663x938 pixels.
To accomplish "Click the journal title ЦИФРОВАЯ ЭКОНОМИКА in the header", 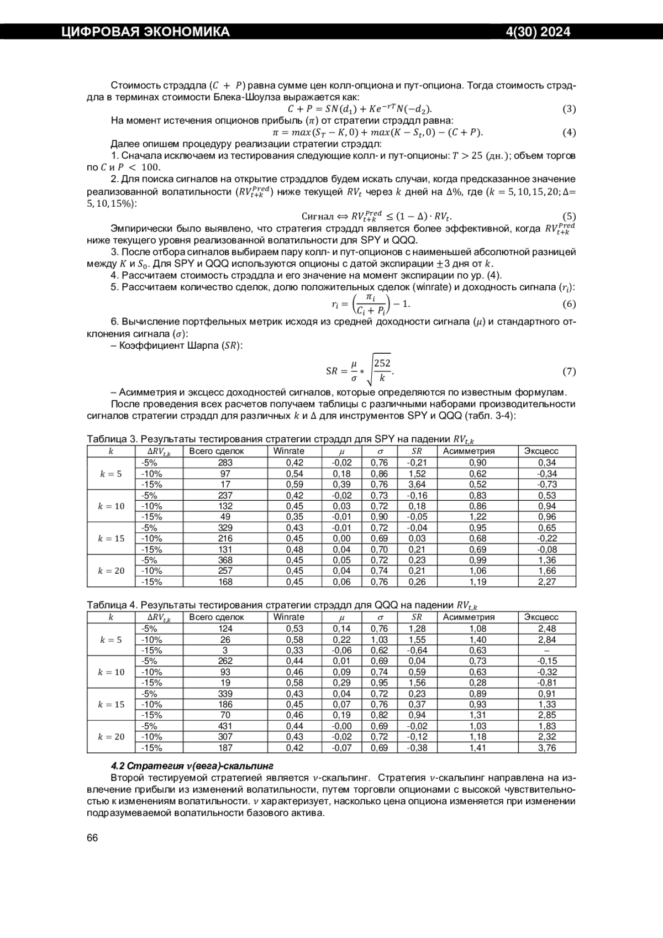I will [x=145, y=32].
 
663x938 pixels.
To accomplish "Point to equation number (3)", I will [x=569, y=109].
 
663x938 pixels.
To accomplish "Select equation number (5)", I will [x=569, y=217].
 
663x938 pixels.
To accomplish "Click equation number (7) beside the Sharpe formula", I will [x=569, y=371].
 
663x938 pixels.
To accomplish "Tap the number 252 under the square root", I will [x=382, y=363].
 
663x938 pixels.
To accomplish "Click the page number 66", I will [x=92, y=838].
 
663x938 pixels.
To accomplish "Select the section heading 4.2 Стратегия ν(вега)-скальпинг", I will [x=192, y=766].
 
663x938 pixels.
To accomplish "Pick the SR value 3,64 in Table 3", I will [x=417, y=484].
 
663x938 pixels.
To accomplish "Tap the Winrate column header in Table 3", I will [x=288, y=451].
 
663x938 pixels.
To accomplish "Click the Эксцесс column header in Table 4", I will [x=541, y=617].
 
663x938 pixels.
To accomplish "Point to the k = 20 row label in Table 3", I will [x=111, y=571].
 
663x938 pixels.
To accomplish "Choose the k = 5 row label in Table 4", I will [x=111, y=640].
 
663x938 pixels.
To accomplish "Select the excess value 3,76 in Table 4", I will [x=547, y=748].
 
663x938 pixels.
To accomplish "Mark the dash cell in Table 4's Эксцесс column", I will [x=547, y=651].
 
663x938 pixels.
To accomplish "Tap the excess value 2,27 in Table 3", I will [x=547, y=581].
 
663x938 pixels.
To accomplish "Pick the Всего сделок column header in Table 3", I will [x=217, y=451].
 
